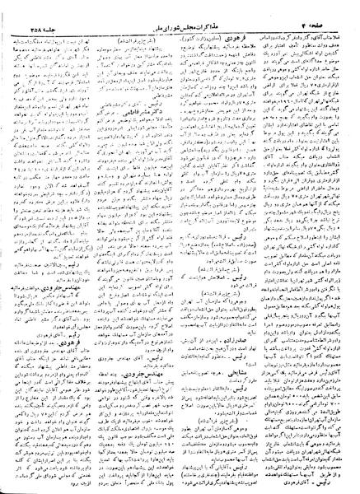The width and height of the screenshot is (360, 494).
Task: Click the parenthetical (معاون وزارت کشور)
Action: coord(221,18)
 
